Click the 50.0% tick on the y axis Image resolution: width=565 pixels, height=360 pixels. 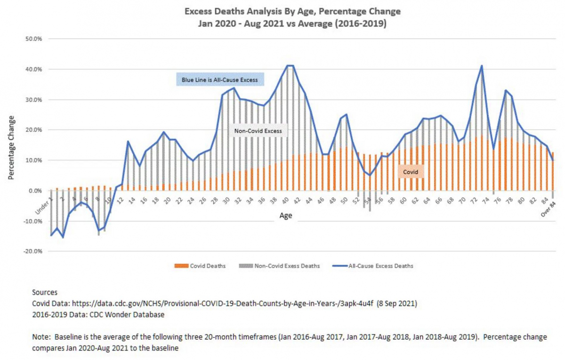34,39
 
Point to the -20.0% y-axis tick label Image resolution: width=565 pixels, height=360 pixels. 33,252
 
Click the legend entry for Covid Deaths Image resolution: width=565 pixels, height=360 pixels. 205,266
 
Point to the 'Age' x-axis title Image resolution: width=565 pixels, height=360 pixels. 285,215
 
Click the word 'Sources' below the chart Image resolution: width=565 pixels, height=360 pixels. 45,292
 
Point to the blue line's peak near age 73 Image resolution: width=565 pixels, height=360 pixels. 482,66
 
